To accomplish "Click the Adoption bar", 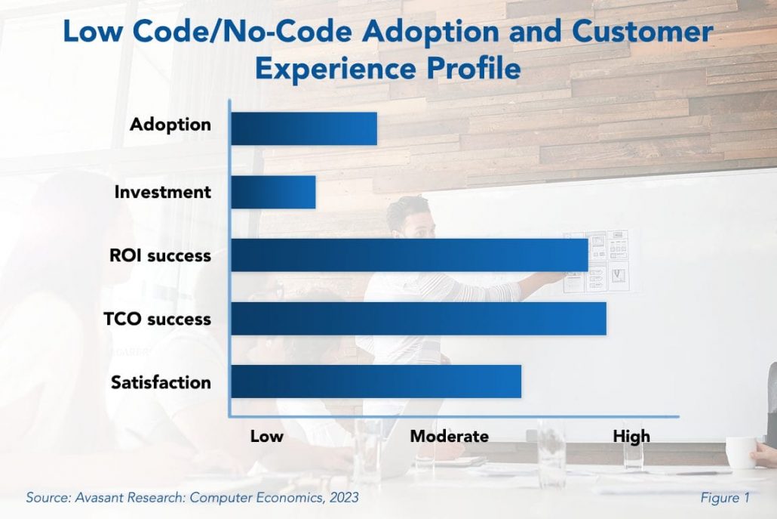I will tap(303, 128).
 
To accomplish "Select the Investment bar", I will tap(273, 192).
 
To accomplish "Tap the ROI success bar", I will tap(409, 255).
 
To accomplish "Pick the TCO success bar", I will tap(418, 319).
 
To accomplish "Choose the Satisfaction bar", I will tap(376, 382).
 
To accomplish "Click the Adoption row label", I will tap(170, 124).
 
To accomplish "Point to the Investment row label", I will tap(162, 192).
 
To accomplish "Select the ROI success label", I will tap(160, 255).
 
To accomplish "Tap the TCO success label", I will tap(157, 319).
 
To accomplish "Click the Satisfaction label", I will tap(161, 382).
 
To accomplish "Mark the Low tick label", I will tap(267, 436).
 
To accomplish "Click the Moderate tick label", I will tap(449, 436).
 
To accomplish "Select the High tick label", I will tap(631, 436).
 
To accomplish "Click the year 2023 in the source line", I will tap(342, 498).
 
